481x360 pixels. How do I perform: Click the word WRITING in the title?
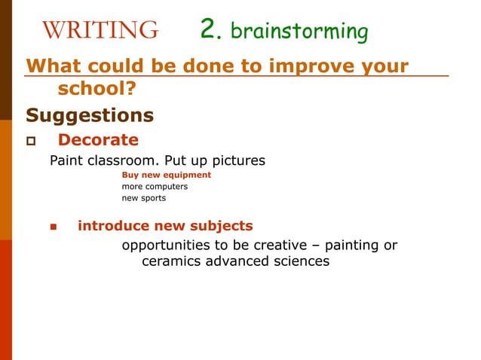(x=100, y=30)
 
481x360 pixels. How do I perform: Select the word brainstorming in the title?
(x=299, y=32)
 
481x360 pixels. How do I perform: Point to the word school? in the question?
(x=97, y=90)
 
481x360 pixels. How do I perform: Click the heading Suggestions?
(x=90, y=115)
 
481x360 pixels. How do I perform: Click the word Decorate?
(x=98, y=140)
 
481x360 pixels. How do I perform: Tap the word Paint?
(x=66, y=160)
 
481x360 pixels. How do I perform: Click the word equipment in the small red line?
(x=185, y=175)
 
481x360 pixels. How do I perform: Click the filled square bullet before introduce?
(x=54, y=227)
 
